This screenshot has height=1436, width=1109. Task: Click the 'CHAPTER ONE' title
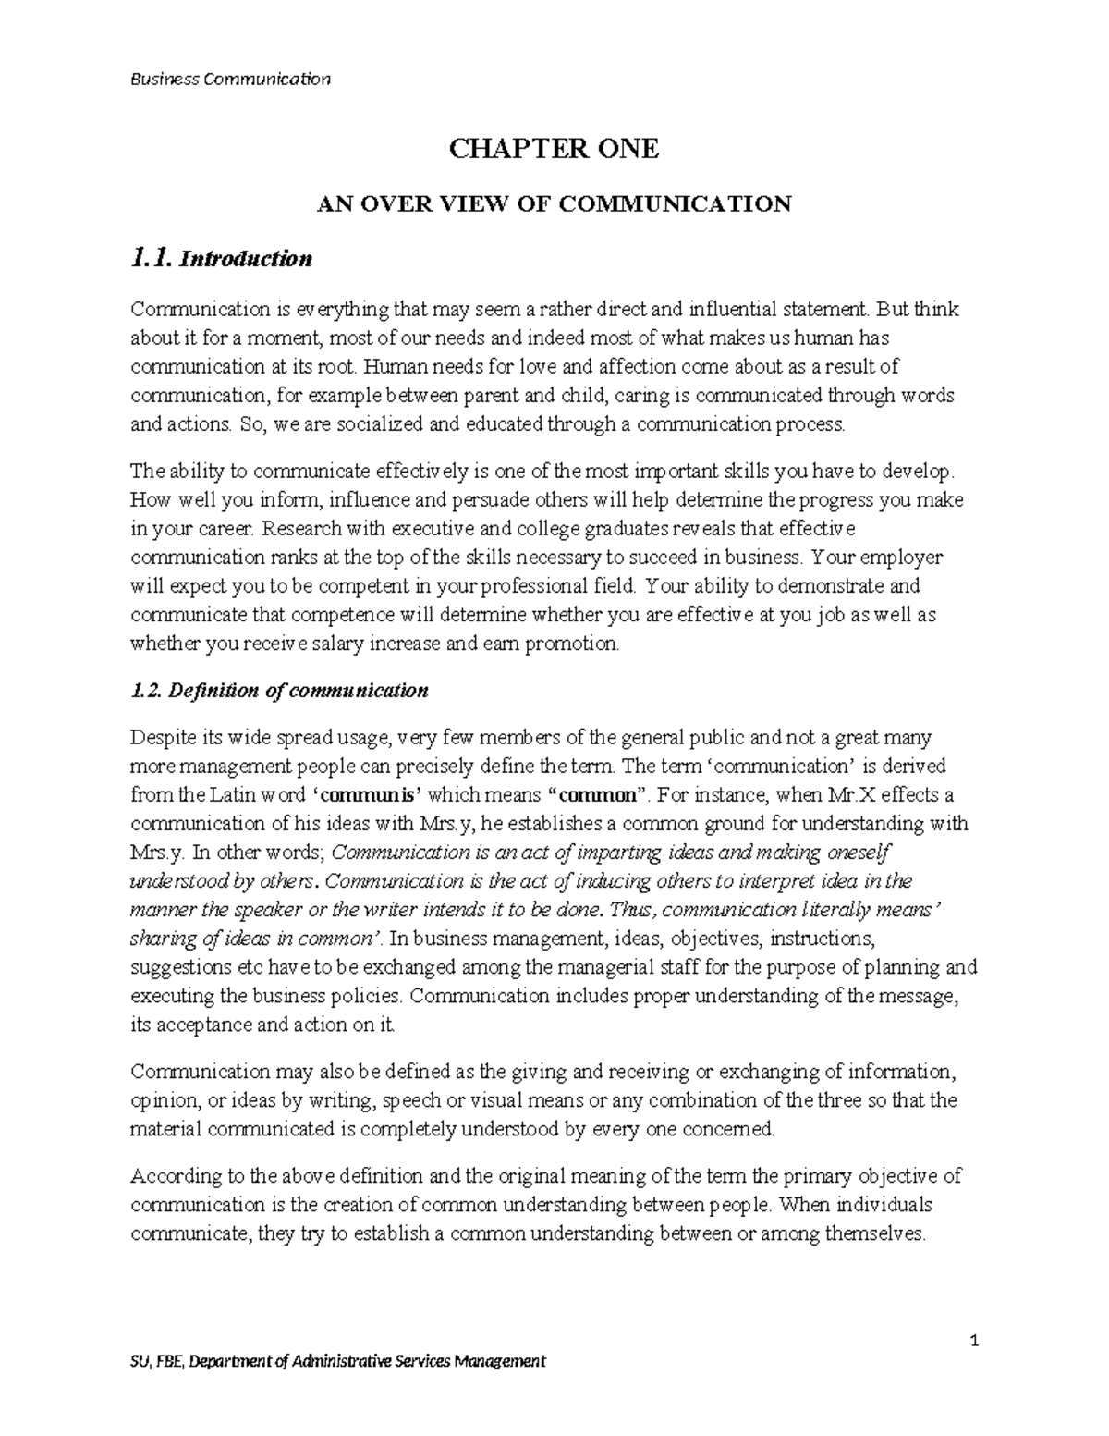(554, 148)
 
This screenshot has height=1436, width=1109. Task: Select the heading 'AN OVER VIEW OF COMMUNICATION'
(554, 203)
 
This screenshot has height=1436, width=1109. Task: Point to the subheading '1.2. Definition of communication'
(279, 691)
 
